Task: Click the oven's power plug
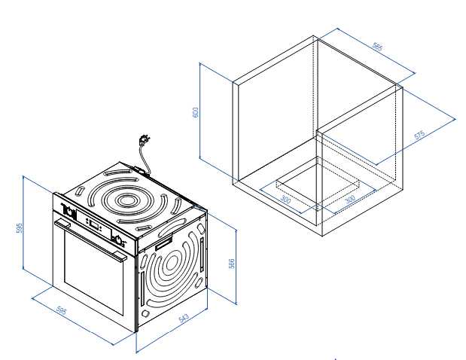[x=142, y=141]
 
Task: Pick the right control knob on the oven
[x=117, y=239]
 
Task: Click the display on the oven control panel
[x=93, y=226]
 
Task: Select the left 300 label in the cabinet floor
[x=285, y=200]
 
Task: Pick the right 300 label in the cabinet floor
[x=349, y=199]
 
